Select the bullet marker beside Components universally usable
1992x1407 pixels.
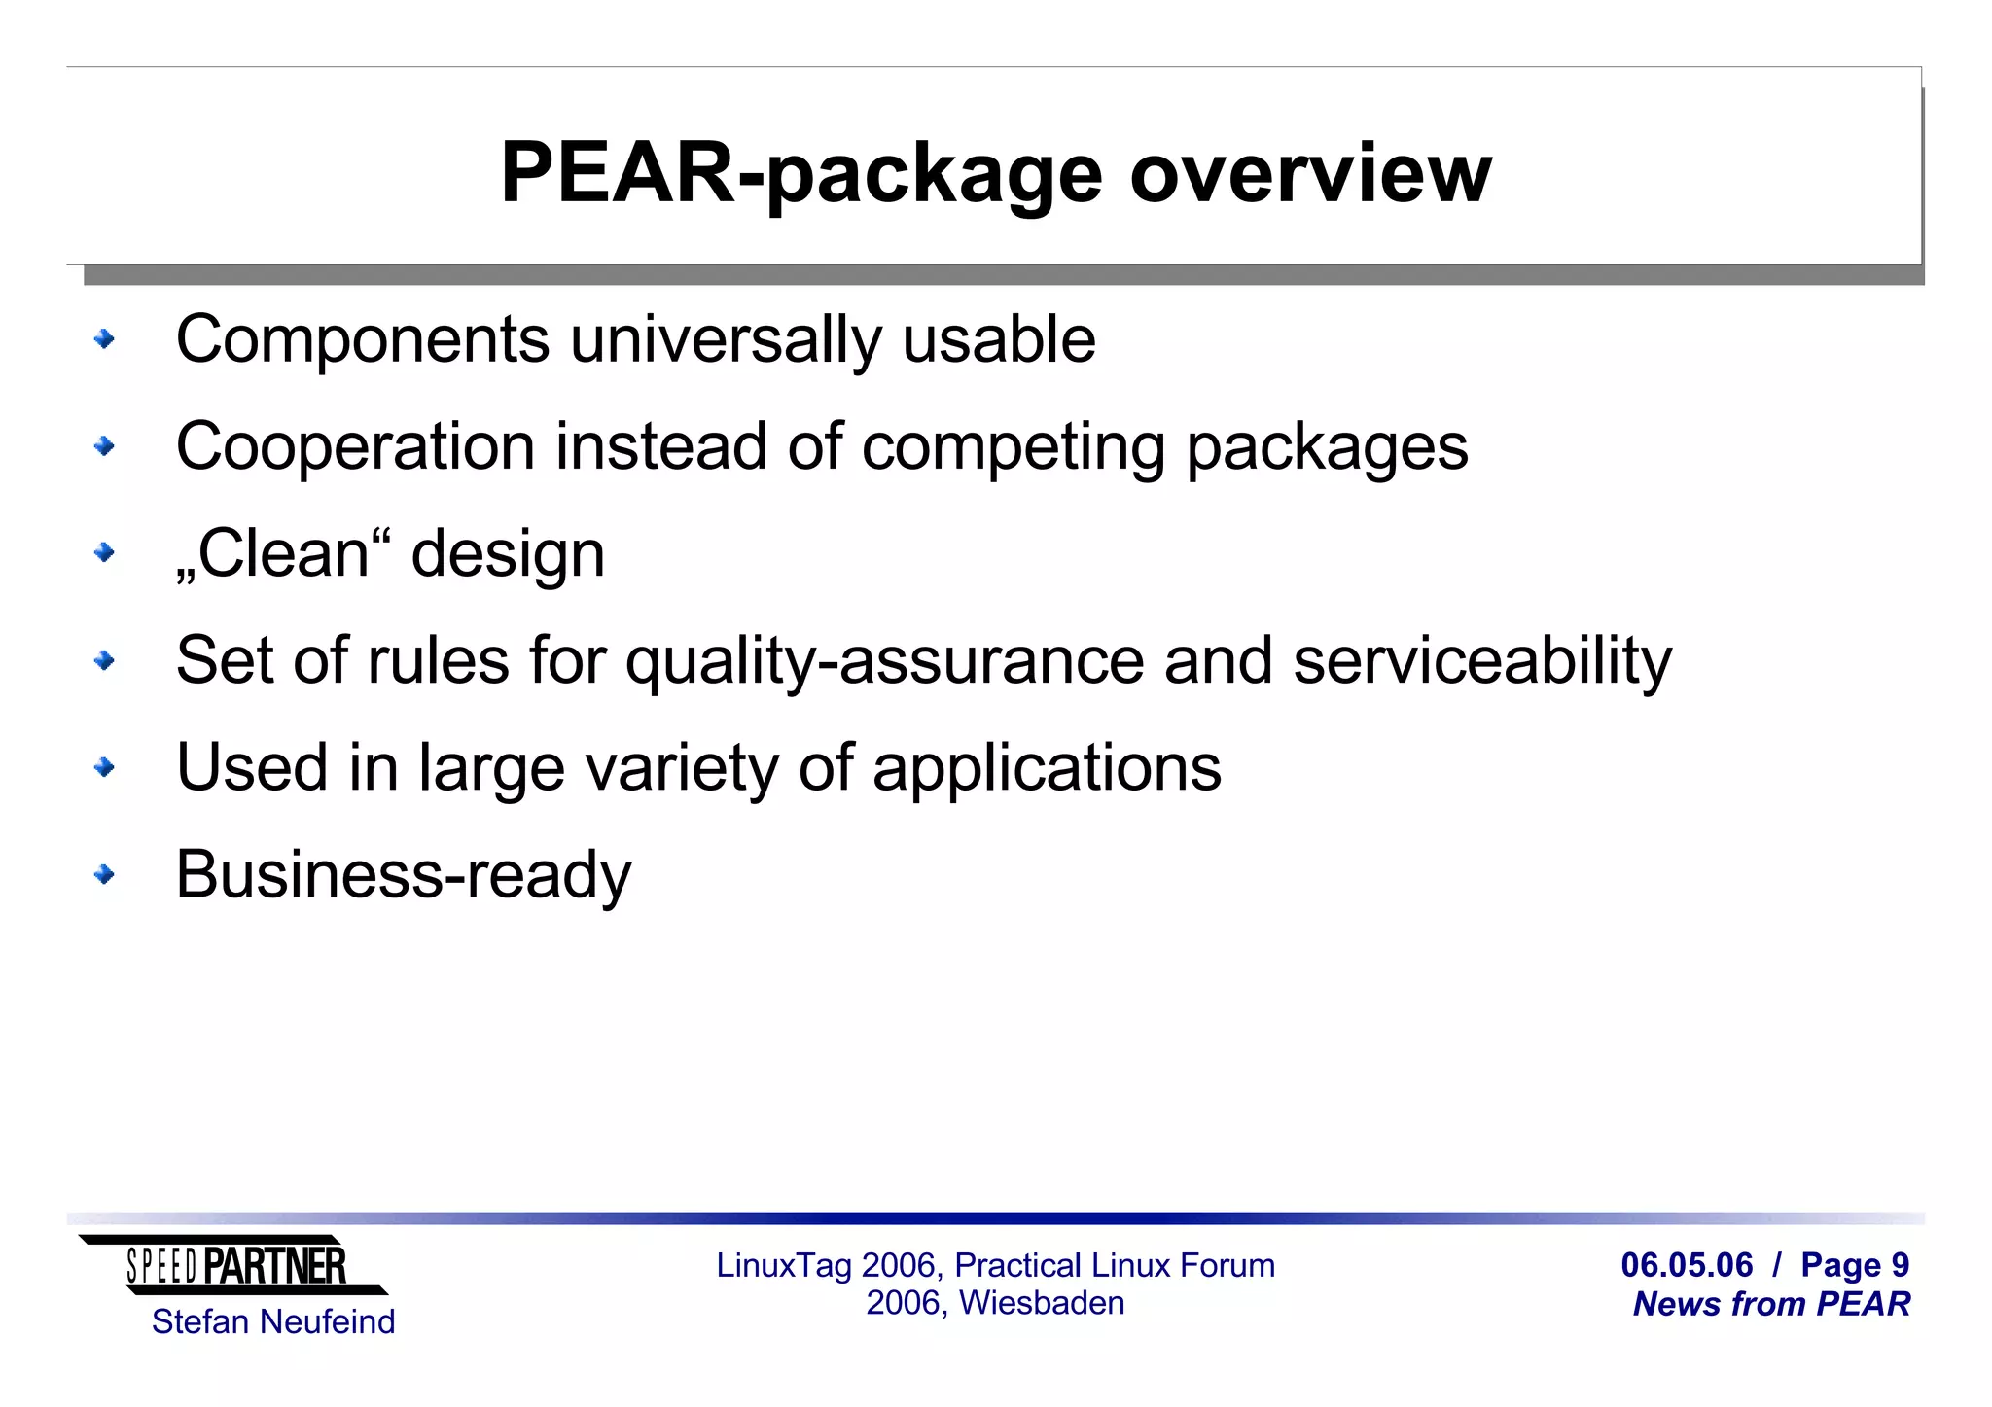pos(104,339)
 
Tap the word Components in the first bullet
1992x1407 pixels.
pos(363,339)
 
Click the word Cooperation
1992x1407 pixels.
pos(355,446)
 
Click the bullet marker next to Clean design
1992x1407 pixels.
pos(104,553)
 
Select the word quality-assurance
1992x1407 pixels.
pos(885,660)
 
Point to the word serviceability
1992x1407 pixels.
pos(1482,660)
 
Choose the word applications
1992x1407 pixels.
pos(1047,767)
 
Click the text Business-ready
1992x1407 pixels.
pos(404,874)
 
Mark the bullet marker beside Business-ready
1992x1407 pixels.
pos(104,874)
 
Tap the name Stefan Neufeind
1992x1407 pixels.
pos(273,1321)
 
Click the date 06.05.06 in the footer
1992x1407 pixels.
pos(1687,1265)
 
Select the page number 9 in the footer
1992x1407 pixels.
pos(1900,1265)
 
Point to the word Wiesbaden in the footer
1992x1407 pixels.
pos(1042,1303)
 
